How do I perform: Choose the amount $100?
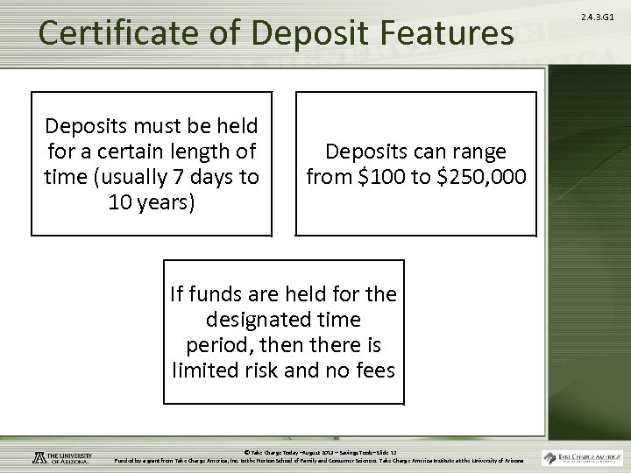(x=378, y=178)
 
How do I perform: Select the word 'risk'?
(x=277, y=371)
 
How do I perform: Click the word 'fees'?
(x=373, y=371)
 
